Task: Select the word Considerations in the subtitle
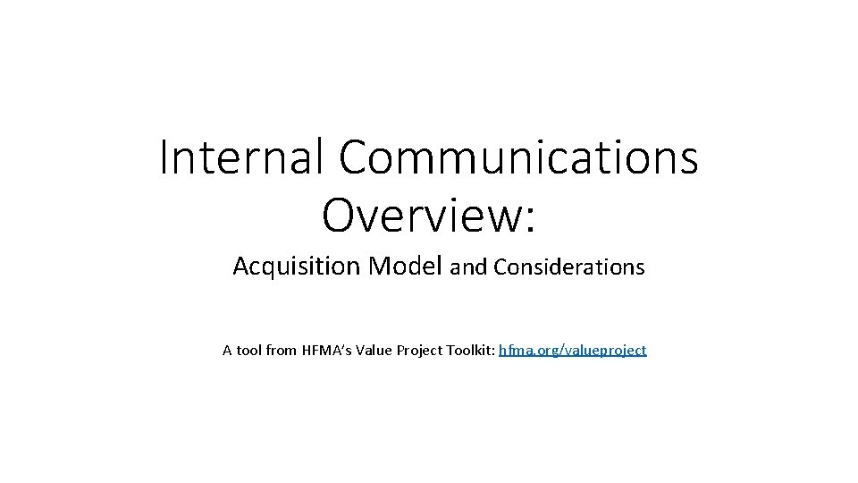pyautogui.click(x=568, y=267)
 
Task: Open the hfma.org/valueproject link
pyautogui.click(x=572, y=351)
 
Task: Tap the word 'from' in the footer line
pyautogui.click(x=281, y=351)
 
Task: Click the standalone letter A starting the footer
pyautogui.click(x=227, y=351)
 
